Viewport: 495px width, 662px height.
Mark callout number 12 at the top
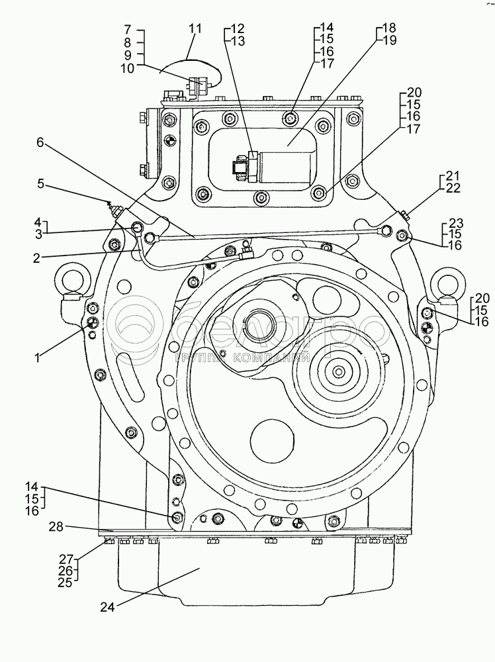(x=238, y=28)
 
